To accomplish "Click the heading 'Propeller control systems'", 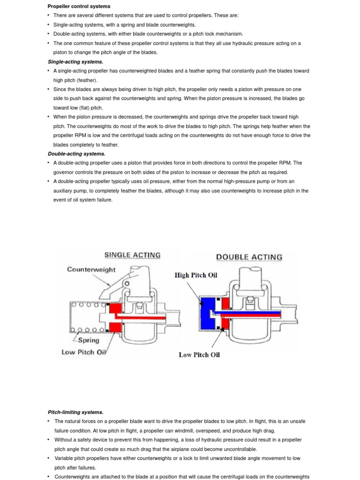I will coord(79,6).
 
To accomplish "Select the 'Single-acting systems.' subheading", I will coord(75,61).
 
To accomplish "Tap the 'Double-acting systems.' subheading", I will coord(76,153).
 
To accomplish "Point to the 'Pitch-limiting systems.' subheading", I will coord(75,412).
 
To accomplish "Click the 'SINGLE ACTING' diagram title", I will coord(132,255).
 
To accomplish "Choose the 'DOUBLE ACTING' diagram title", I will coord(249,257).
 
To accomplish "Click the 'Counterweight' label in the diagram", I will coord(91,270).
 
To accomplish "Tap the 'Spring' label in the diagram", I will coord(89,340).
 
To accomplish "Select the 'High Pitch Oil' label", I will coord(196,275).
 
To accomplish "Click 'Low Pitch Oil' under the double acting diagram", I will coord(199,355).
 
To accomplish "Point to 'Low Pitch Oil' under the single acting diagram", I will coord(84,352).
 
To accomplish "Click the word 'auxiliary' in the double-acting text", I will coord(64,191).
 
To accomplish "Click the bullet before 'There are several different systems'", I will coord(49,15).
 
